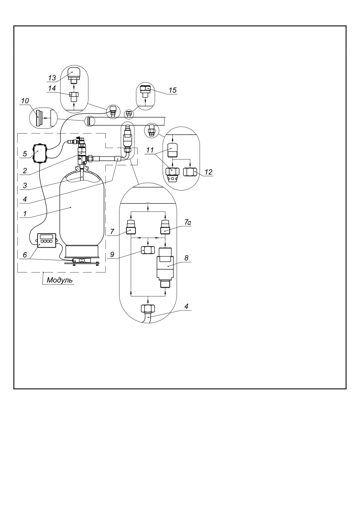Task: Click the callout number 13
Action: [52, 78]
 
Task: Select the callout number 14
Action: [52, 88]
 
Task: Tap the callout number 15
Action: [172, 90]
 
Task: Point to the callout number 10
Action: [25, 101]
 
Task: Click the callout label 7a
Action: [188, 223]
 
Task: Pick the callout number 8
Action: [186, 258]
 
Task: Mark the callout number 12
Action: [208, 172]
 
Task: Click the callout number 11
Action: [150, 150]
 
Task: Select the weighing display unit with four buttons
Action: [46, 241]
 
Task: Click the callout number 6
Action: [25, 255]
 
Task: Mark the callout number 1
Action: [25, 214]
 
